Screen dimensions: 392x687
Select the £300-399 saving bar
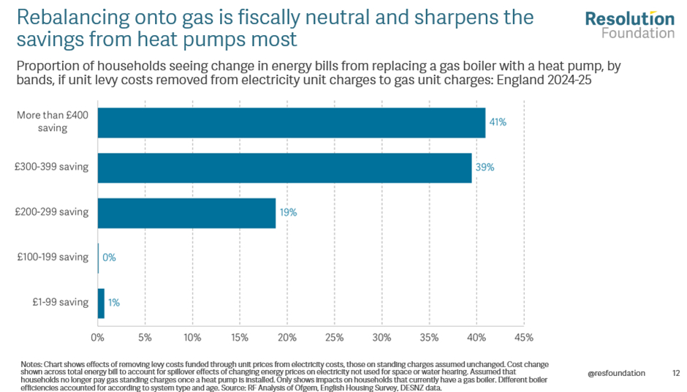pos(284,167)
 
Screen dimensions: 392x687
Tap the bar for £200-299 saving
pos(186,213)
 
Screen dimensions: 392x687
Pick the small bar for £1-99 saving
pos(101,303)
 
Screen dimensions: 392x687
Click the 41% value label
pos(498,122)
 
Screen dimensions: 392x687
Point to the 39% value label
pos(485,167)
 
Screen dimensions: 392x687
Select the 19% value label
pos(288,213)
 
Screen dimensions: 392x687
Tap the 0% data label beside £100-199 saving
pos(110,257)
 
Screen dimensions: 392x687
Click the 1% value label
pos(114,303)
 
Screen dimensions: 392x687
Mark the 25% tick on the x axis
pos(334,338)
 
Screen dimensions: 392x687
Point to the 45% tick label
pos(523,338)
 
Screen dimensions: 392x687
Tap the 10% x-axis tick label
pos(192,338)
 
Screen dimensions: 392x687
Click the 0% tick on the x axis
pos(97,338)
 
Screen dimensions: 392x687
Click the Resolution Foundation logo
pos(629,25)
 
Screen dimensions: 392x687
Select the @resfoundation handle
pos(616,373)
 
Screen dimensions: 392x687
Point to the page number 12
pos(675,373)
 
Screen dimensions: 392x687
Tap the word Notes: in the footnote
pos(31,363)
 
